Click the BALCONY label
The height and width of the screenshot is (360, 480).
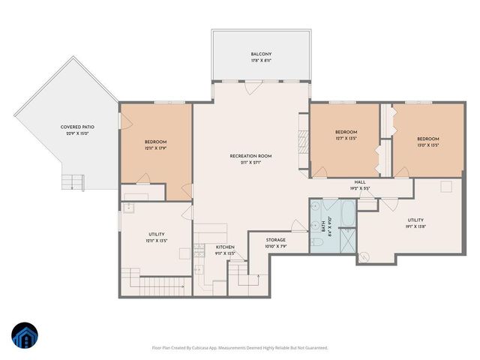tap(261, 54)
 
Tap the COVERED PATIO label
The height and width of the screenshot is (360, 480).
tap(77, 127)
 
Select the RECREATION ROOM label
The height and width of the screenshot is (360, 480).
tap(250, 156)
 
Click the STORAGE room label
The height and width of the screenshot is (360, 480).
tap(276, 240)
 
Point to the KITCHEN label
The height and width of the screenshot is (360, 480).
tap(226, 247)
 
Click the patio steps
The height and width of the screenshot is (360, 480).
tap(71, 181)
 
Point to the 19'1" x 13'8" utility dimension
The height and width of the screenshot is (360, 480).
tap(415, 226)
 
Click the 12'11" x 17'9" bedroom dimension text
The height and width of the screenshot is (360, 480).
tap(156, 148)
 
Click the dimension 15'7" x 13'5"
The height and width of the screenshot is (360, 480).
tap(346, 138)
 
